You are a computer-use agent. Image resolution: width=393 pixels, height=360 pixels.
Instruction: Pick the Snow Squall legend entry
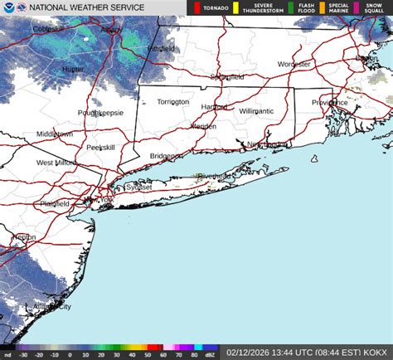[x=371, y=8]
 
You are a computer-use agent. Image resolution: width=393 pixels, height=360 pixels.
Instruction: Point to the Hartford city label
[x=214, y=107]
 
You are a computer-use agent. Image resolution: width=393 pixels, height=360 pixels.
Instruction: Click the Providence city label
[x=330, y=102]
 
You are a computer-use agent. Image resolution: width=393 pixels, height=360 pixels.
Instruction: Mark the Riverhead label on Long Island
[x=215, y=176]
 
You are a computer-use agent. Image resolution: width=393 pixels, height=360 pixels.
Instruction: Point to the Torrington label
[x=173, y=102]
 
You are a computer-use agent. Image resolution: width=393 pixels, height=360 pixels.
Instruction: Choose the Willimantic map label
[x=256, y=110]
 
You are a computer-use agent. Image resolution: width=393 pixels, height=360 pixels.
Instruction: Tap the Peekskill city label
[x=101, y=148]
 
